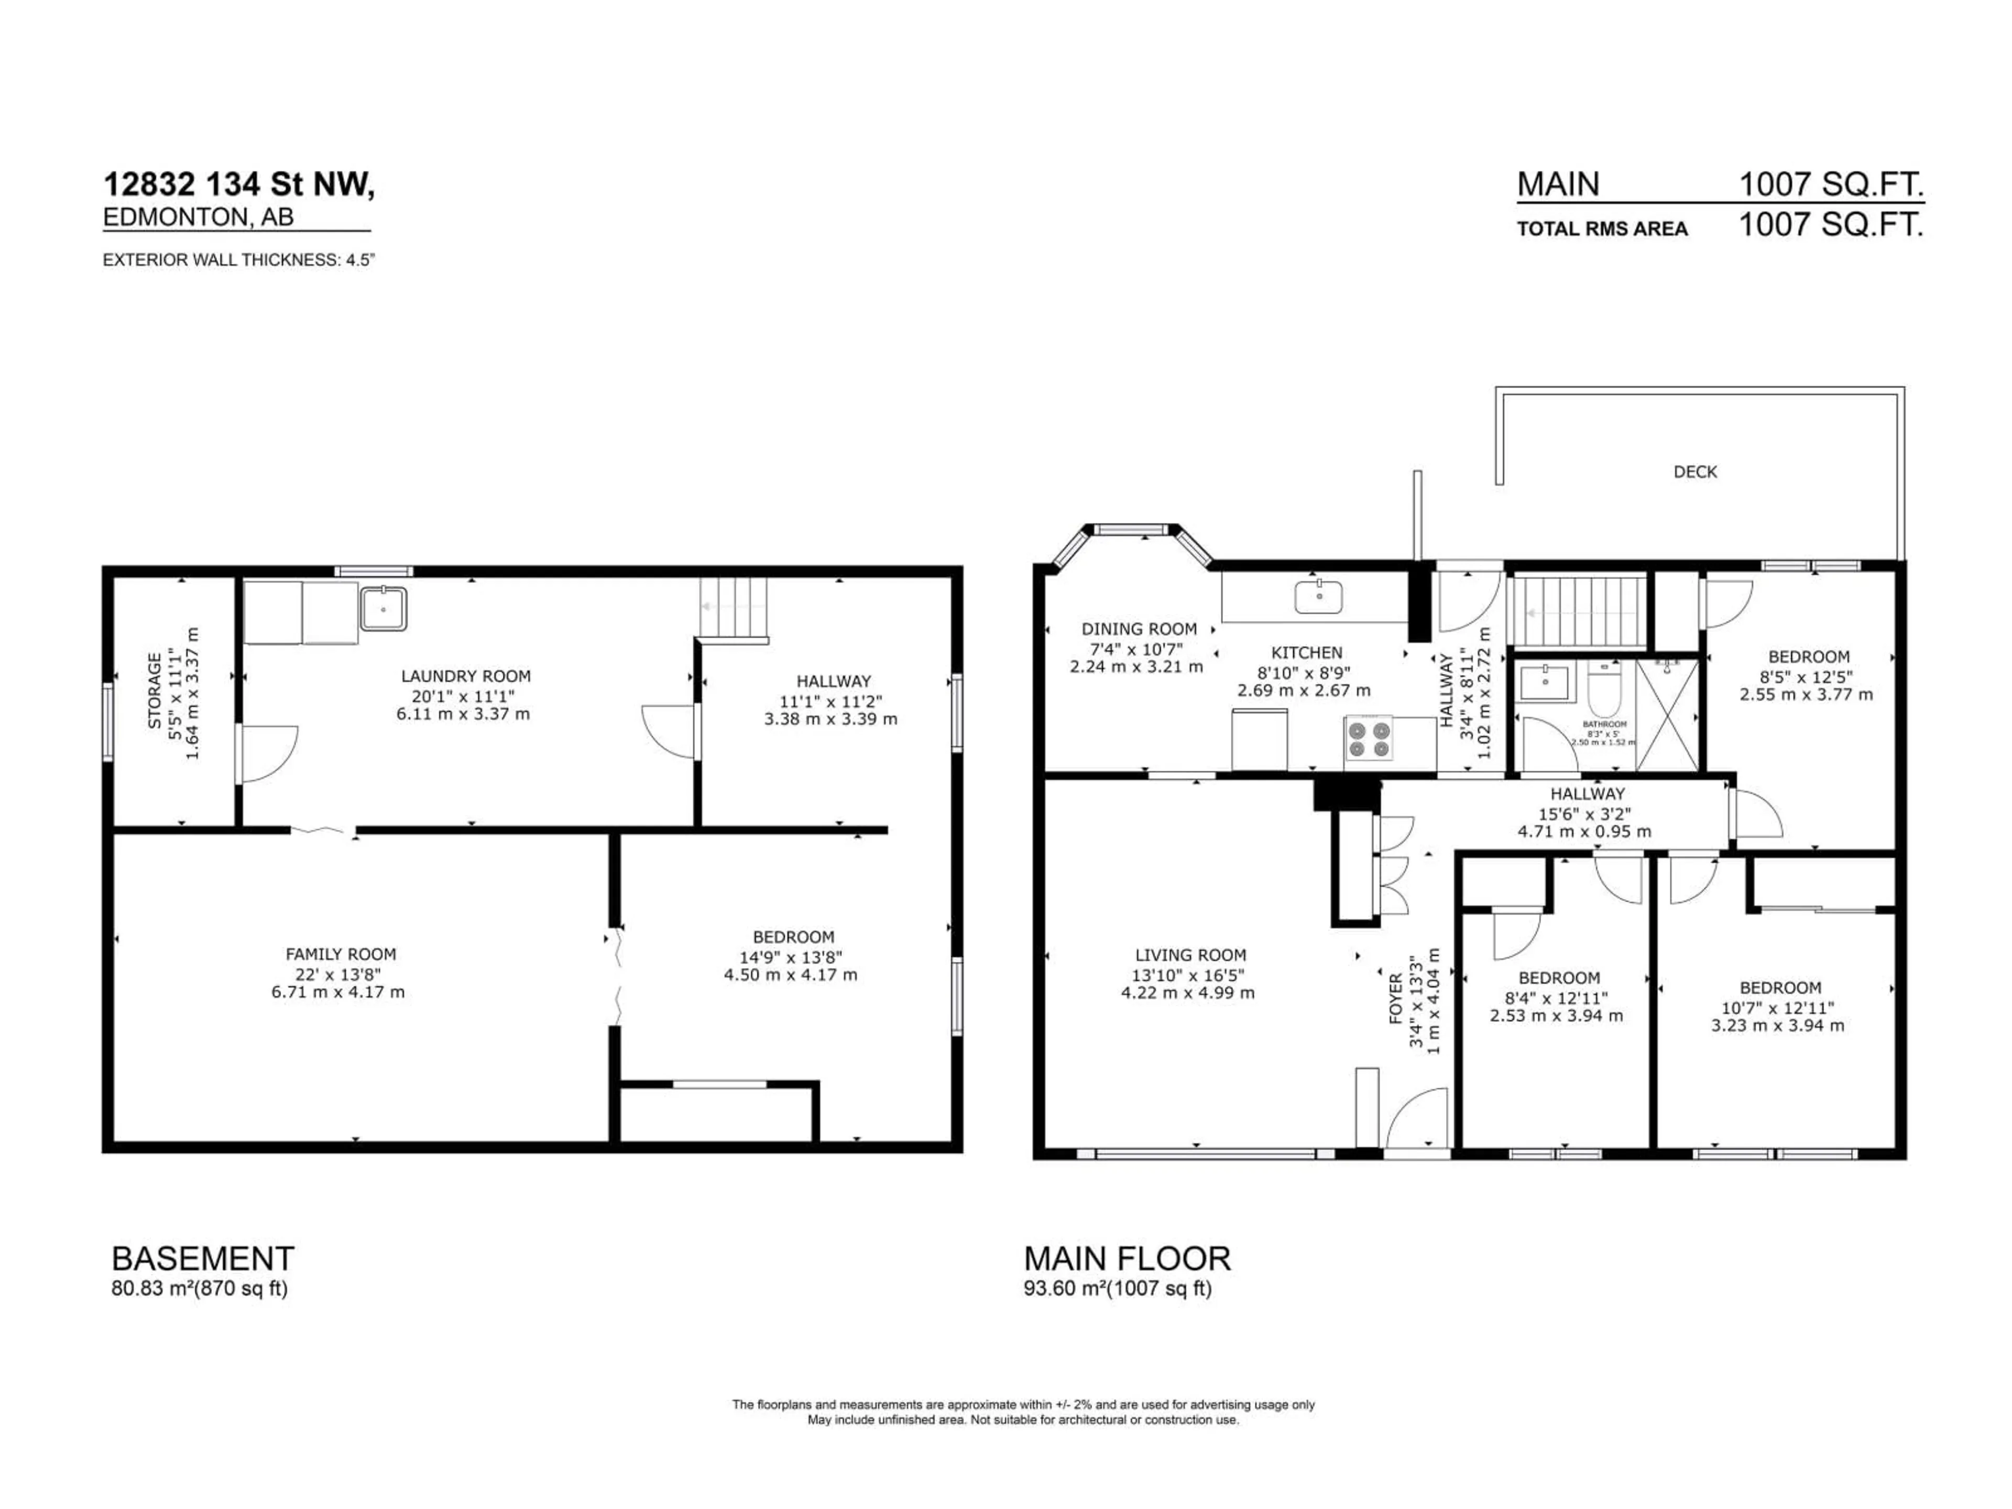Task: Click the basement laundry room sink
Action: pyautogui.click(x=384, y=608)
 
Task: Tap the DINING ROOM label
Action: pyautogui.click(x=1138, y=629)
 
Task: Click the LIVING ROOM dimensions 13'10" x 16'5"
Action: pyautogui.click(x=1189, y=974)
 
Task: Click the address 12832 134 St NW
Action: pyautogui.click(x=238, y=184)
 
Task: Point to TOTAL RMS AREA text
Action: pyautogui.click(x=1602, y=229)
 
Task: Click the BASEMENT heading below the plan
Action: pyautogui.click(x=203, y=1259)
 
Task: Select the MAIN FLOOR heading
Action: pyautogui.click(x=1127, y=1259)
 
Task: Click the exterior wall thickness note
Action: pyautogui.click(x=238, y=260)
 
